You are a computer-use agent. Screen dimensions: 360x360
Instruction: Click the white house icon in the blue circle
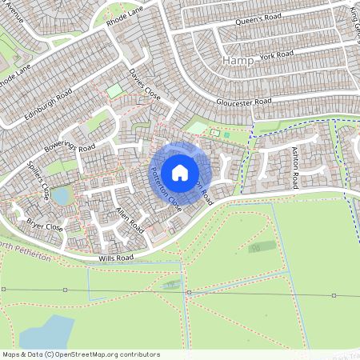(x=180, y=173)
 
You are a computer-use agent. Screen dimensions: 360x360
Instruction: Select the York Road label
(x=277, y=55)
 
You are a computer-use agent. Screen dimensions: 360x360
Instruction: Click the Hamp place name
(x=238, y=61)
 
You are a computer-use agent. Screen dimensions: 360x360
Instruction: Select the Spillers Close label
(x=39, y=180)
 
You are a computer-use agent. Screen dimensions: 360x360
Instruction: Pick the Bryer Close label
(x=44, y=226)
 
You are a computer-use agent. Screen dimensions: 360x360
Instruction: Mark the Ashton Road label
(x=294, y=168)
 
